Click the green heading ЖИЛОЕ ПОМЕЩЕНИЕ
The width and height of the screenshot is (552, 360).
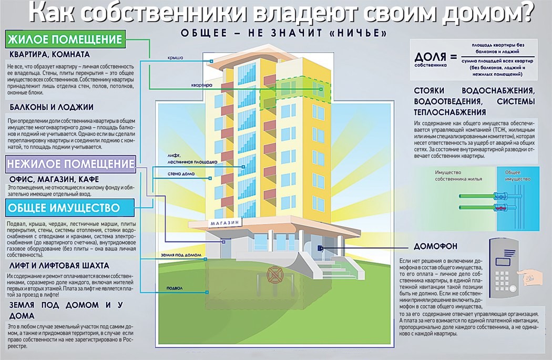[x=65, y=39]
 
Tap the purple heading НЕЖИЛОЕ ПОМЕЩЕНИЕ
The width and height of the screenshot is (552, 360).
[x=70, y=164]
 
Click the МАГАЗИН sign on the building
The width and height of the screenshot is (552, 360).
[x=224, y=223]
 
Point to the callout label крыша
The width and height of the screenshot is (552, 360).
[x=175, y=58]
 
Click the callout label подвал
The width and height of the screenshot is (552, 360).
[x=174, y=288]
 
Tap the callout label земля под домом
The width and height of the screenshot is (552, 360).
[x=181, y=255]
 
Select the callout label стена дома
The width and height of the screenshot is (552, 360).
[x=181, y=173]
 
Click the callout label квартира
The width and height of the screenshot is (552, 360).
[x=202, y=85]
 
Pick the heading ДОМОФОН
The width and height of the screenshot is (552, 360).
[x=435, y=246]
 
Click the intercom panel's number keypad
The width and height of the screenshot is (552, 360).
[x=502, y=281]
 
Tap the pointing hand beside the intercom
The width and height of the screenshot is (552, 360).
[x=531, y=277]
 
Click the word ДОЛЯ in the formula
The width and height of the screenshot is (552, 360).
[x=430, y=57]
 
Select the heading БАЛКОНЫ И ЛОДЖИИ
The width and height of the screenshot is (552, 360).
[x=52, y=107]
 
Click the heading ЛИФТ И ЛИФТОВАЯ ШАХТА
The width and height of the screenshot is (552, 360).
[x=59, y=265]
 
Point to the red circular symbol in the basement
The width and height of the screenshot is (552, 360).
[x=273, y=275]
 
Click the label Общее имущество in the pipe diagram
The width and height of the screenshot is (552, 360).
[x=517, y=175]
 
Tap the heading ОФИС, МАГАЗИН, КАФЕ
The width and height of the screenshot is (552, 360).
[x=54, y=179]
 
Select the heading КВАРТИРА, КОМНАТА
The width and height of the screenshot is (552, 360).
[x=49, y=55]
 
